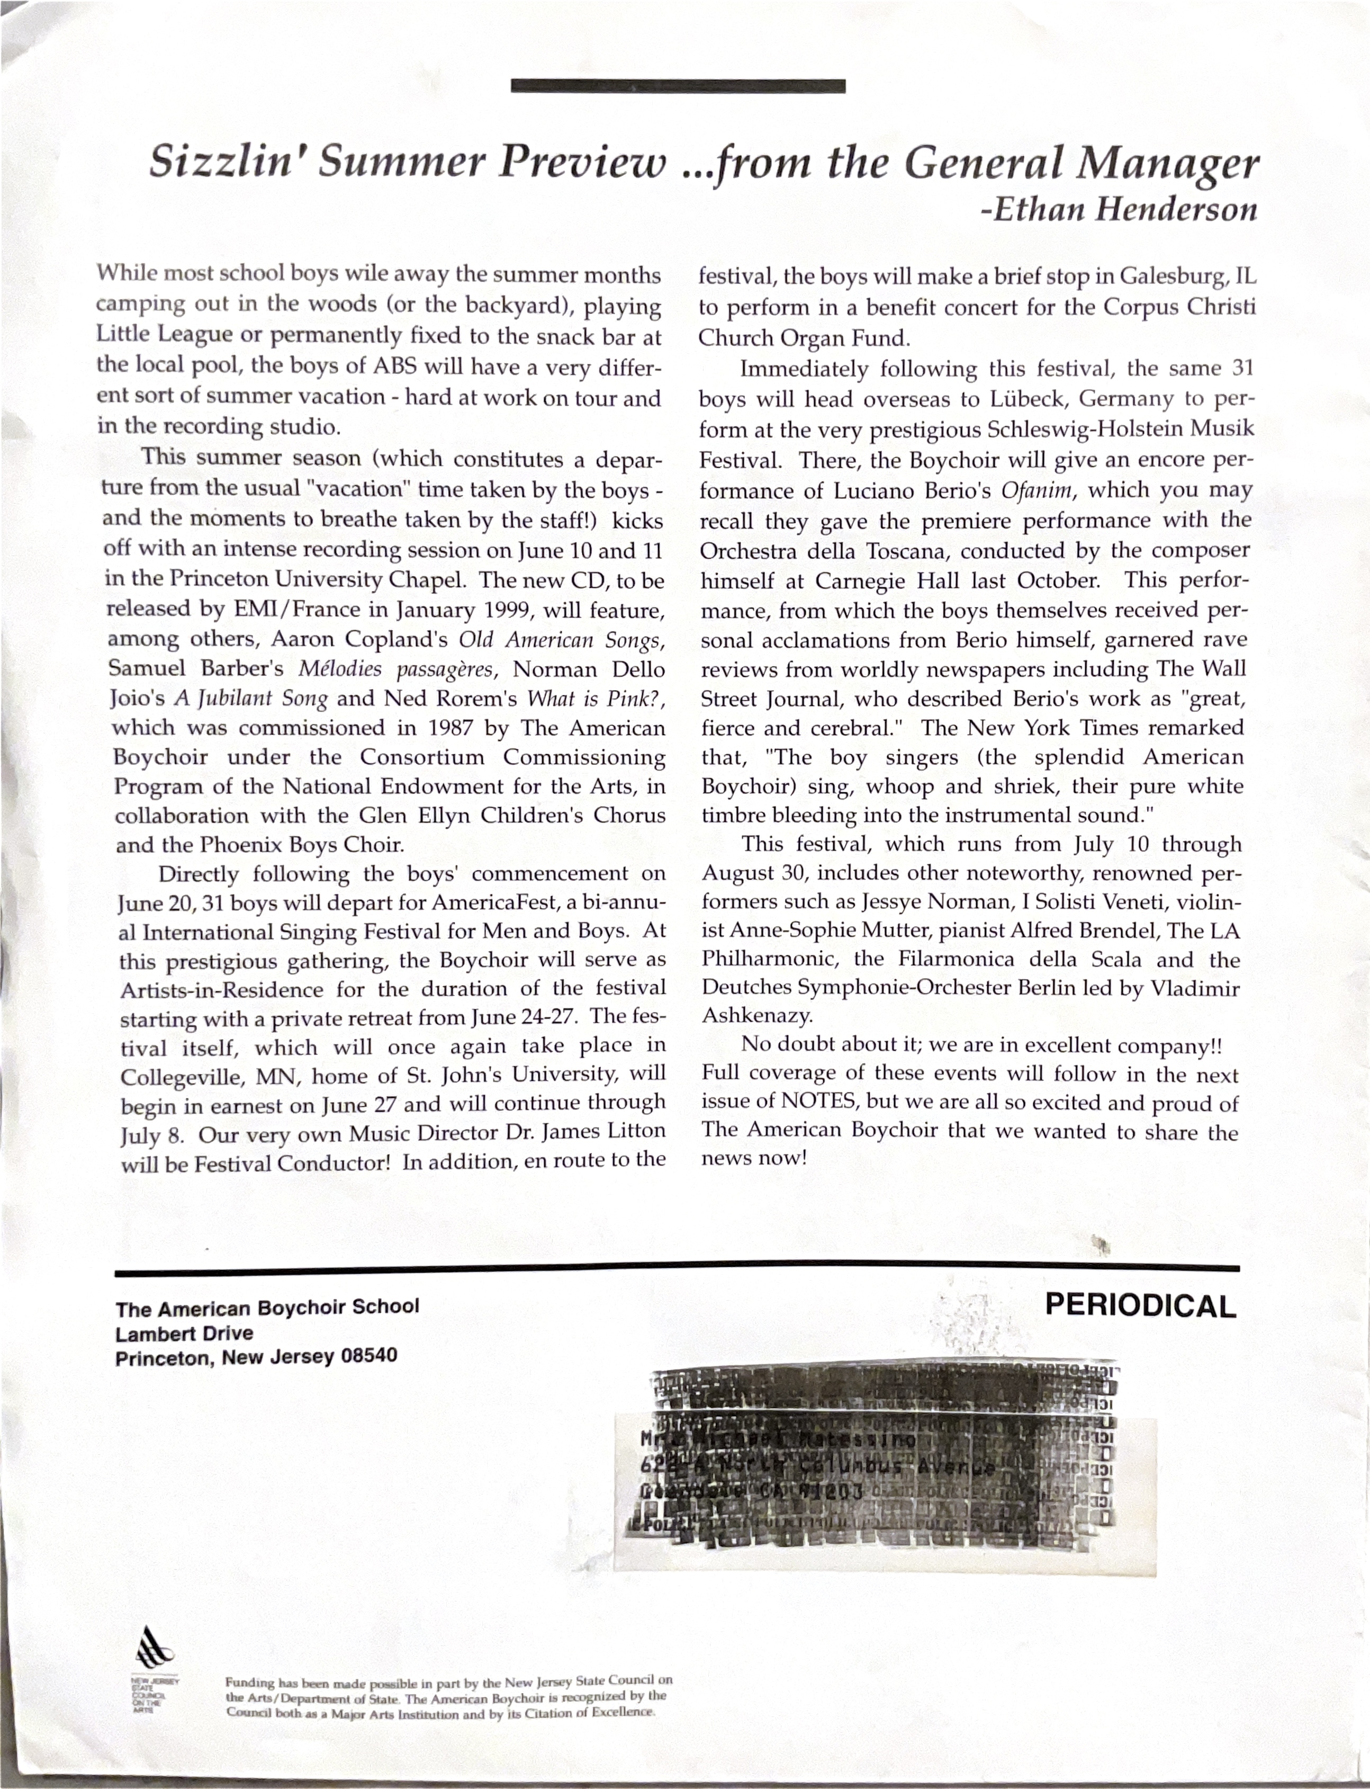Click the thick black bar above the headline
pyautogui.click(x=678, y=86)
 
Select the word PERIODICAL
pyautogui.click(x=1140, y=1305)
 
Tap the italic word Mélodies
pyautogui.click(x=339, y=669)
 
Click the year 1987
pyautogui.click(x=451, y=728)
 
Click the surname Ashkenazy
pyautogui.click(x=757, y=1016)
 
